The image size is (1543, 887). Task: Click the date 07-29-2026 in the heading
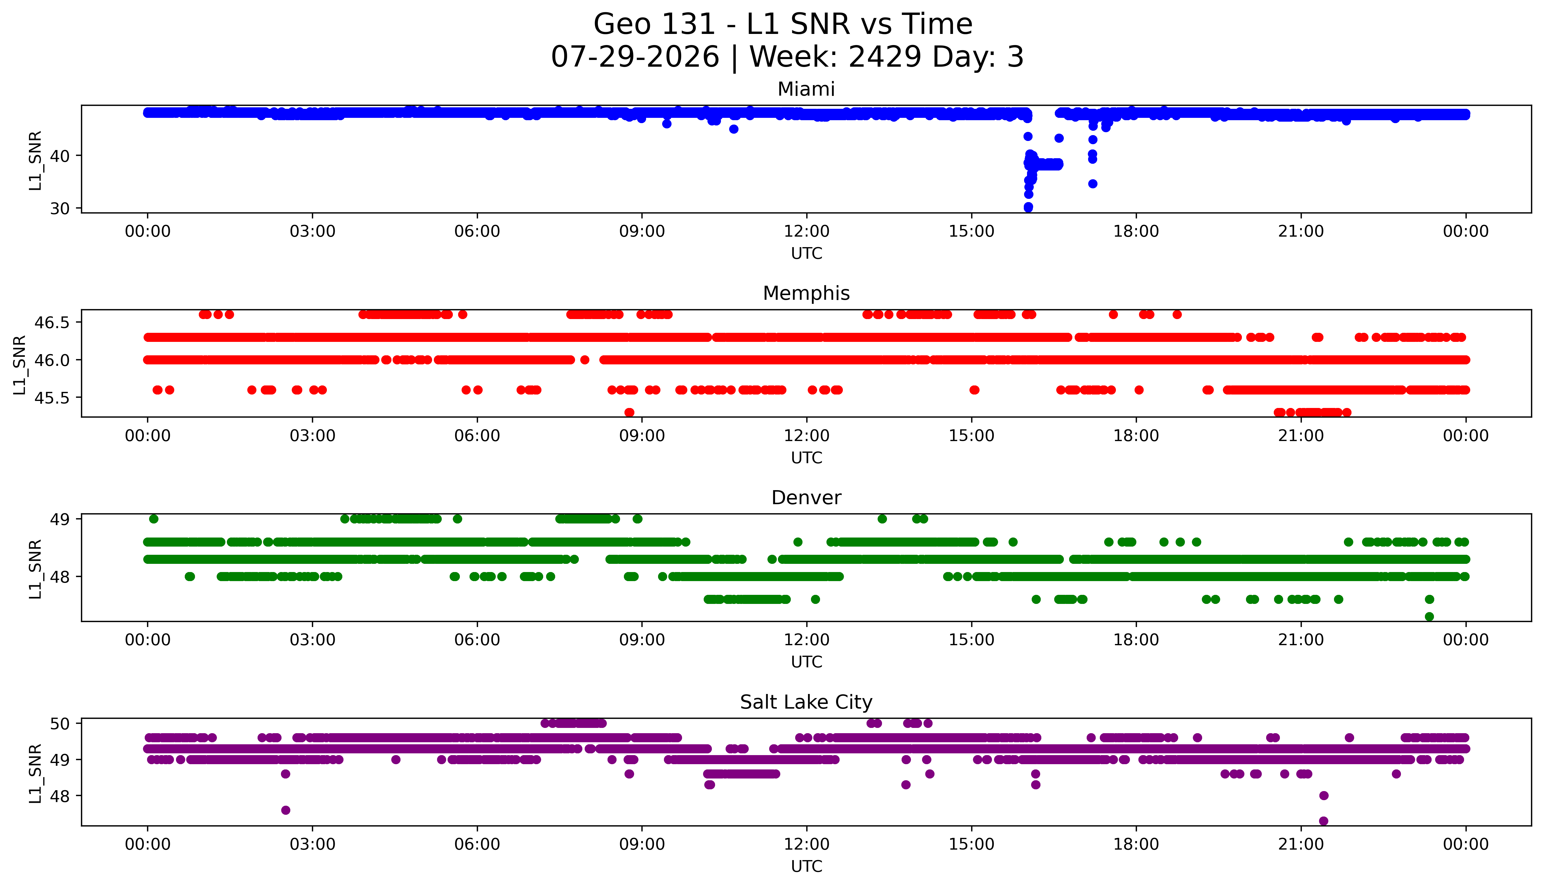pos(635,57)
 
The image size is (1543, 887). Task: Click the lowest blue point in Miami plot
pos(1028,207)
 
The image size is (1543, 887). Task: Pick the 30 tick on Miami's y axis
pos(60,208)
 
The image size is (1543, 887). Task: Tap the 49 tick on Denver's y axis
pos(60,519)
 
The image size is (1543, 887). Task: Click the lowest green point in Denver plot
pos(1429,616)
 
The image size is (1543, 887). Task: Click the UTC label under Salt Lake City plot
pos(806,866)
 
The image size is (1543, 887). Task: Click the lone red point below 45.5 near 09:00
pos(630,412)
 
